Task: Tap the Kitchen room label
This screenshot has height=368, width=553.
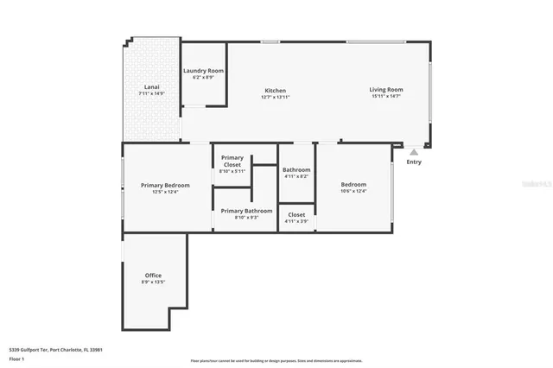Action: (x=275, y=91)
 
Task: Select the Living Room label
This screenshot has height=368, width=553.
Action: (x=386, y=90)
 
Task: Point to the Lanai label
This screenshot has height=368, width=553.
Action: (x=150, y=86)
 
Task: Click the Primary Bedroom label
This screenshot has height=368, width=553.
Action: (x=165, y=185)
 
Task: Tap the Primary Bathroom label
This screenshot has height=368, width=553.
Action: (x=246, y=211)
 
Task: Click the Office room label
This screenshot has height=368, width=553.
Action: (x=153, y=276)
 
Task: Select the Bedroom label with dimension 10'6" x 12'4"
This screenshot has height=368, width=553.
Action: (x=353, y=184)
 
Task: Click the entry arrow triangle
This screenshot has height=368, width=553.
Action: (x=414, y=152)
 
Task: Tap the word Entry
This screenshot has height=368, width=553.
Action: (x=414, y=162)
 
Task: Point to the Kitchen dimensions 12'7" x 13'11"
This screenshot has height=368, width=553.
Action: (x=275, y=98)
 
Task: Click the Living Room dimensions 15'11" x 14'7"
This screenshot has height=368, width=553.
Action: (x=386, y=97)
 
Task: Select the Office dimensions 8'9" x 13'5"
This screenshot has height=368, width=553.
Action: (x=153, y=282)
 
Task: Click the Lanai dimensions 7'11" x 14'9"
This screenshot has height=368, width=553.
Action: (x=150, y=93)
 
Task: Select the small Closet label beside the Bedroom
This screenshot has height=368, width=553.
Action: (x=296, y=214)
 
